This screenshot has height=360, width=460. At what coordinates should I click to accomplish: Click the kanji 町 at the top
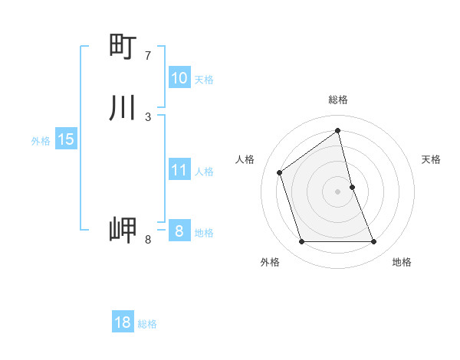123,47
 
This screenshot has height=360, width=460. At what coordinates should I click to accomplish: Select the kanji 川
123,108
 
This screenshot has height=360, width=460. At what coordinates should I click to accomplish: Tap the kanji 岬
123,230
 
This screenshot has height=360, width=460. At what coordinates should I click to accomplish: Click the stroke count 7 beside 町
148,56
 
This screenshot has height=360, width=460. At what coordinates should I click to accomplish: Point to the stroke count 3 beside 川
148,117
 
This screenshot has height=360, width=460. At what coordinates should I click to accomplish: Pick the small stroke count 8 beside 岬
148,240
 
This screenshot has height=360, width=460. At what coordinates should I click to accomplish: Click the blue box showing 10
179,78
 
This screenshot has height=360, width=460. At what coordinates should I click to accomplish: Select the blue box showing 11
179,170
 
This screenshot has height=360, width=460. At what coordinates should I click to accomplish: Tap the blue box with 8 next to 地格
179,231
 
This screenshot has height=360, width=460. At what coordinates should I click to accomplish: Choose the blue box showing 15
66,139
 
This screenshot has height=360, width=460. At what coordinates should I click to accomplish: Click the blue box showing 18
123,322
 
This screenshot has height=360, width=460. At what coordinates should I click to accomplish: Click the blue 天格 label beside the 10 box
204,80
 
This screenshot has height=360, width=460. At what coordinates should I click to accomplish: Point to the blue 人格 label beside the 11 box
204,172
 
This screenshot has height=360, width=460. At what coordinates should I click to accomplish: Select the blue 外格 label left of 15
41,141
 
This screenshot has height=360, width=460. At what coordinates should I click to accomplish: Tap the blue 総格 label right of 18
147,324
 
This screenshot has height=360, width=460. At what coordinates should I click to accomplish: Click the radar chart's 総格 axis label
338,100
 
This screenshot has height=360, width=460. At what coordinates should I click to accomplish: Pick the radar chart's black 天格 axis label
432,159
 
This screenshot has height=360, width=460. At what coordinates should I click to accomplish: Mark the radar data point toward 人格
280,172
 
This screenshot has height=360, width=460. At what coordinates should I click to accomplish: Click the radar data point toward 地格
374,242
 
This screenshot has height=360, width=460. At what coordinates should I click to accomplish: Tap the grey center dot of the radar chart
338,191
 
